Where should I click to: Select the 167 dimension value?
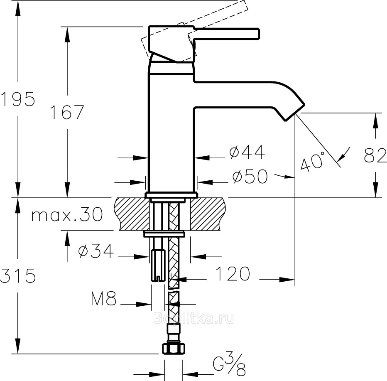[x=67, y=112]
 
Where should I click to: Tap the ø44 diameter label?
[x=247, y=153]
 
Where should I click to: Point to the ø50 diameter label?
[x=250, y=177]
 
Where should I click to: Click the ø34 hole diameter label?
[x=96, y=251]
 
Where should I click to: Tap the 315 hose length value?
[x=17, y=275]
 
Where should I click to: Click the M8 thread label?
[x=103, y=299]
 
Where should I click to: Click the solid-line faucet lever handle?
[x=226, y=34]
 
